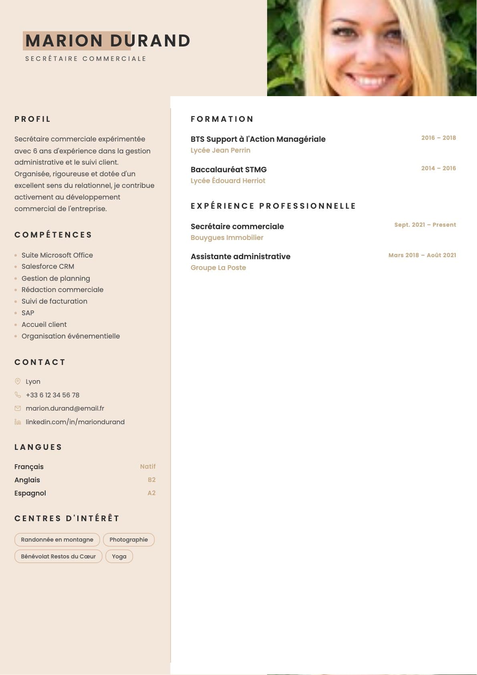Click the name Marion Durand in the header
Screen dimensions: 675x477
(x=107, y=41)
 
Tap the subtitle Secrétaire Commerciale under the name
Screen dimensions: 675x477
(x=86, y=59)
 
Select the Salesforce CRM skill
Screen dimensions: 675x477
(x=48, y=266)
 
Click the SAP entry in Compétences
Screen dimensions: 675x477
(x=28, y=313)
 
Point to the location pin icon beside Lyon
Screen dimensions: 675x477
(x=18, y=381)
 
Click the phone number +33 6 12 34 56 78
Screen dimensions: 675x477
(x=52, y=395)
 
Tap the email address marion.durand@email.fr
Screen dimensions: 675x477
(x=65, y=408)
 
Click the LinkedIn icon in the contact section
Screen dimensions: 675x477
(x=18, y=422)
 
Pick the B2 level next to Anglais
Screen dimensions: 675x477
(x=151, y=480)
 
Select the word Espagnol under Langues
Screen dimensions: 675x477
(x=30, y=493)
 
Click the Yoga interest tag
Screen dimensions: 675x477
(x=119, y=556)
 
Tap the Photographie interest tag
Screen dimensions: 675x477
(x=129, y=540)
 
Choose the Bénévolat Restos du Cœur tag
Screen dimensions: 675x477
(x=58, y=556)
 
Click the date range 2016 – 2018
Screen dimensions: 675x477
(x=438, y=138)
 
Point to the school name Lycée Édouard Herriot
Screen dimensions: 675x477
(x=228, y=181)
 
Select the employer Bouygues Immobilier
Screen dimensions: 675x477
(x=227, y=238)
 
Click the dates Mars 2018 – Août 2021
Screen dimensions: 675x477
(x=422, y=255)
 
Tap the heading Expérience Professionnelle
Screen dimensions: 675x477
(x=273, y=206)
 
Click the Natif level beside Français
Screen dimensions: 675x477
(x=148, y=467)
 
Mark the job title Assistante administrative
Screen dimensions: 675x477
(x=240, y=256)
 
